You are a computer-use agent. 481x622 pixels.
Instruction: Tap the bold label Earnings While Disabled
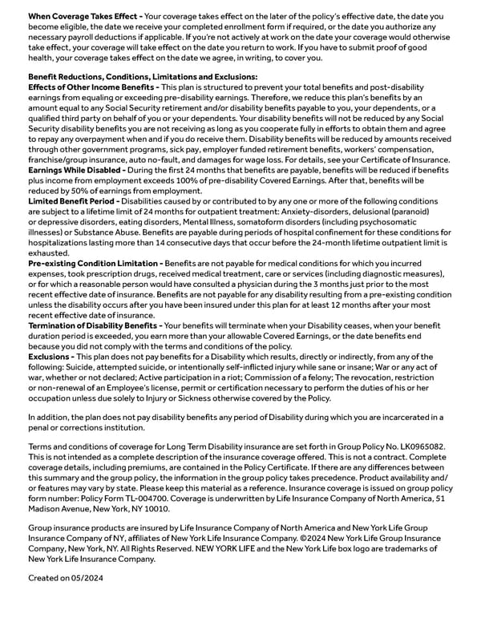pyautogui.click(x=77, y=170)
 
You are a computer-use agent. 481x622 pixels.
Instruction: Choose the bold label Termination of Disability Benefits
pyautogui.click(x=94, y=326)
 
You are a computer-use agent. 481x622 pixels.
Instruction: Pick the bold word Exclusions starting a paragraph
pyautogui.click(x=51, y=357)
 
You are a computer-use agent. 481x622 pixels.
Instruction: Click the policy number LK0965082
pyautogui.click(x=422, y=446)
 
